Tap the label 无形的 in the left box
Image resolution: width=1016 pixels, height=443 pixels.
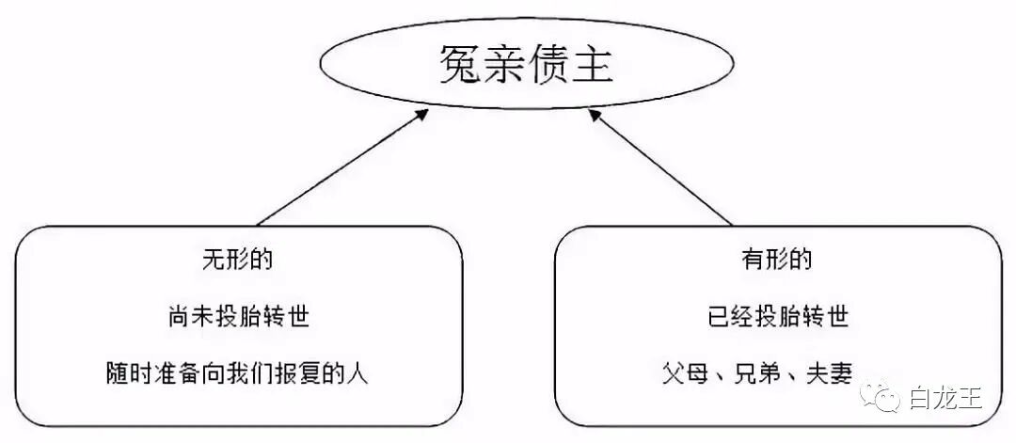click(238, 260)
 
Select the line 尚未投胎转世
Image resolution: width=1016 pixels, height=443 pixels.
click(238, 316)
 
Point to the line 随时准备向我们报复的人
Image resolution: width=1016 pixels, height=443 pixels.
click(238, 372)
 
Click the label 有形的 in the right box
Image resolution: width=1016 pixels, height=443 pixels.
click(777, 260)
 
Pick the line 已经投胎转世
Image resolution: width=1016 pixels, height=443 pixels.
click(777, 316)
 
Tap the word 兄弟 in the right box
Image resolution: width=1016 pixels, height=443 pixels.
click(759, 373)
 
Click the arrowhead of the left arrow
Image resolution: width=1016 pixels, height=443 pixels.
click(422, 115)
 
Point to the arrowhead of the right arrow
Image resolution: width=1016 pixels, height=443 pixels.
click(595, 115)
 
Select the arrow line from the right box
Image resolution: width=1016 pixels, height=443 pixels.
click(663, 169)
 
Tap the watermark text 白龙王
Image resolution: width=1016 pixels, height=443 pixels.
click(945, 400)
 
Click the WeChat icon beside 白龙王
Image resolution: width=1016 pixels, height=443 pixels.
click(888, 400)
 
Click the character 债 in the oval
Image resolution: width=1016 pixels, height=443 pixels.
click(548, 65)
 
